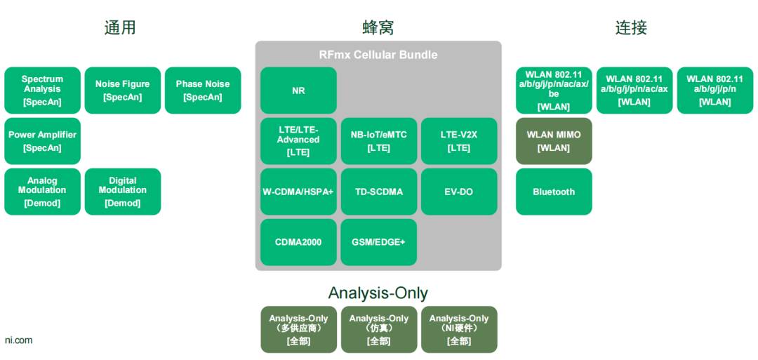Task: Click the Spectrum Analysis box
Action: [x=42, y=91]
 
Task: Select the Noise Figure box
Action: [x=123, y=91]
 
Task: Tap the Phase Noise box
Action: [x=203, y=91]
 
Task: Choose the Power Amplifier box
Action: [x=42, y=141]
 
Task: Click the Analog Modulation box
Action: [x=42, y=192]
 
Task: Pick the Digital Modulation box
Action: [x=123, y=192]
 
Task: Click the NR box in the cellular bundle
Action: [x=298, y=91]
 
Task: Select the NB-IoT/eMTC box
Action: [x=379, y=141]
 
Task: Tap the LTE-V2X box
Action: [x=459, y=141]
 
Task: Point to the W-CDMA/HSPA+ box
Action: [x=298, y=192]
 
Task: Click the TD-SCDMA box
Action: [x=379, y=192]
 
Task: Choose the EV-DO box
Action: [x=459, y=192]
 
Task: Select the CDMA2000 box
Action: [x=298, y=242]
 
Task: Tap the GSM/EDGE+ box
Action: [x=379, y=242]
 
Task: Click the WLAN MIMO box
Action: [x=554, y=141]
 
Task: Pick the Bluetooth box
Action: [x=554, y=192]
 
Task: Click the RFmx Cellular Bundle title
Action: [x=378, y=55]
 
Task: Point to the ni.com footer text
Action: [x=19, y=340]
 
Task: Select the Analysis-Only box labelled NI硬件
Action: [x=459, y=329]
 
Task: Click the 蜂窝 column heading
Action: [x=378, y=27]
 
